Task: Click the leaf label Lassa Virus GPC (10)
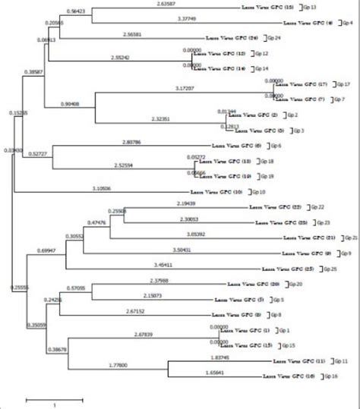217,192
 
